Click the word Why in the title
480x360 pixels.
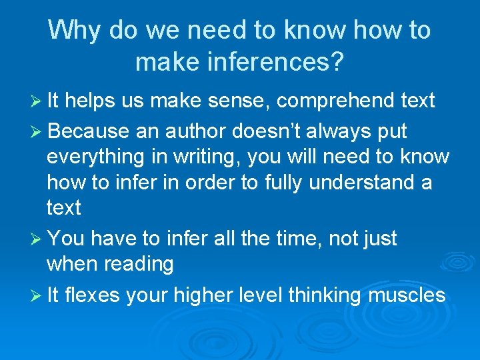(x=74, y=31)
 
